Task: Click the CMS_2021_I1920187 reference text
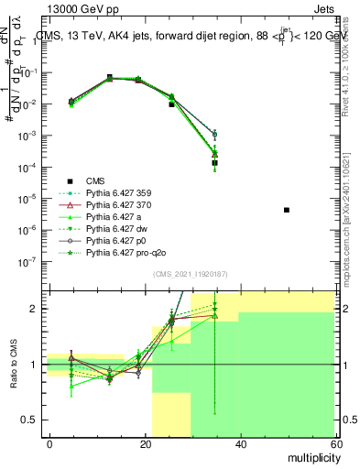tap(191, 274)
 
